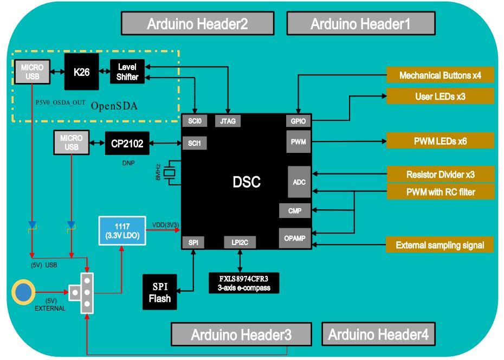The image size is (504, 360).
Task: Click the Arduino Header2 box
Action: [198, 24]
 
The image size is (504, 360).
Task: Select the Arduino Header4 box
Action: [378, 335]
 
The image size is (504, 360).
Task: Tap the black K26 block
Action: [81, 72]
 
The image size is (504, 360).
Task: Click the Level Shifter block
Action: [127, 72]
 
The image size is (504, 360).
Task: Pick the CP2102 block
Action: [127, 144]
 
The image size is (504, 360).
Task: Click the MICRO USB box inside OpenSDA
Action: [32, 72]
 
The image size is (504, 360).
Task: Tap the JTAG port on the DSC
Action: [228, 121]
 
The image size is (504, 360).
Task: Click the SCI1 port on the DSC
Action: [194, 143]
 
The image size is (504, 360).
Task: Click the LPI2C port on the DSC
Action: [239, 242]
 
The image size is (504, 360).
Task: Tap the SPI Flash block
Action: [160, 293]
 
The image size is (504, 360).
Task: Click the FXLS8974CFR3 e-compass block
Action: [244, 283]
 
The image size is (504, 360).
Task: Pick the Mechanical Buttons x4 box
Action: [440, 75]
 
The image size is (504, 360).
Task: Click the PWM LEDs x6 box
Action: [440, 141]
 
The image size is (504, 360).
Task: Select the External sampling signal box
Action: [440, 245]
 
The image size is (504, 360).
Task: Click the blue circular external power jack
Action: [23, 292]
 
